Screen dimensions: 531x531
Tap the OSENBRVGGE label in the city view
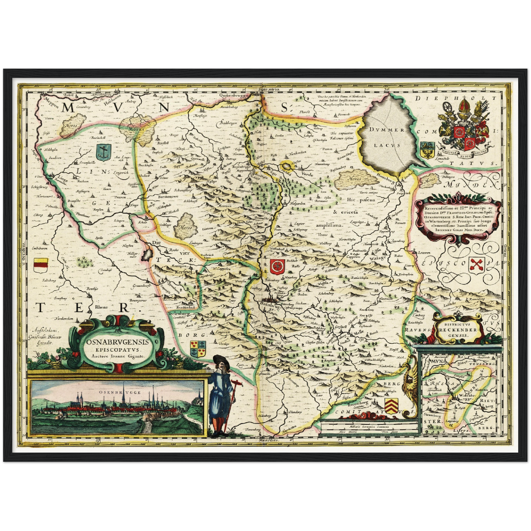[x=119, y=392]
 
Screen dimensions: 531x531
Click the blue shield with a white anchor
[x=103, y=152]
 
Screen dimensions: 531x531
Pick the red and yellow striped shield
[x=41, y=265]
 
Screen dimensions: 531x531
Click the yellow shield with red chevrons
[x=391, y=405]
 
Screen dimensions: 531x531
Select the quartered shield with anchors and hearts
[x=198, y=348]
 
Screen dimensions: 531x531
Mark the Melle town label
[x=359, y=332]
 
